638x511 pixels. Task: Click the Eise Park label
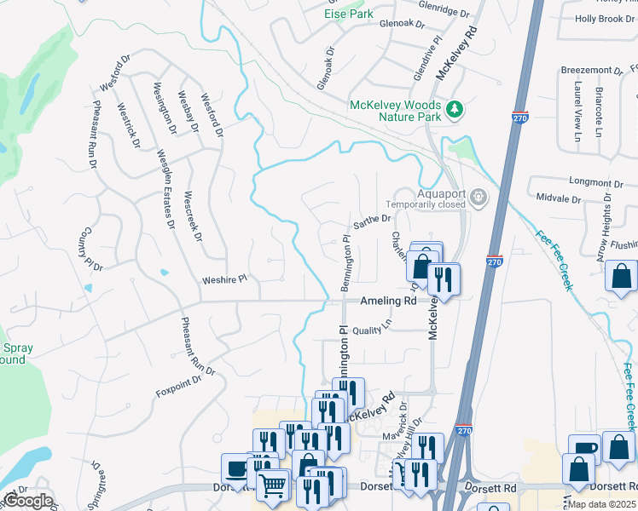click(x=348, y=14)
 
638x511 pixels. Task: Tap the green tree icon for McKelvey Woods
click(x=456, y=108)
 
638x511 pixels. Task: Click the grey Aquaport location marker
click(x=478, y=198)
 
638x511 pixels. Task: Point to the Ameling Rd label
click(x=388, y=301)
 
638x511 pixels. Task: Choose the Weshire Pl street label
click(x=224, y=278)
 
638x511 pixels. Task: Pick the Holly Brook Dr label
click(x=605, y=18)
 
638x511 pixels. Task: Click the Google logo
click(x=27, y=501)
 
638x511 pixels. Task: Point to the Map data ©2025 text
click(x=602, y=504)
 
